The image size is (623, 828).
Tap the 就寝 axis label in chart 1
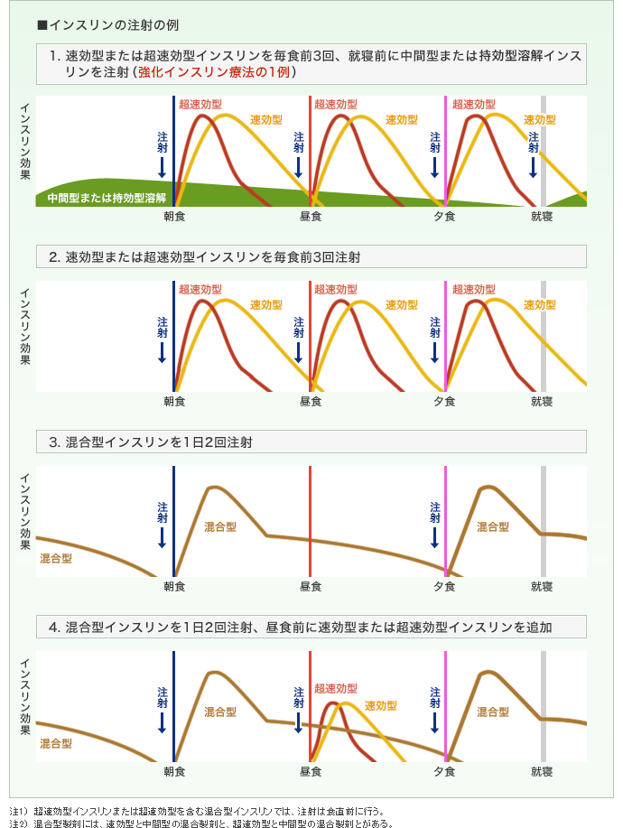point(542,216)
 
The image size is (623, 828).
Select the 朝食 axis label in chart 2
point(174,401)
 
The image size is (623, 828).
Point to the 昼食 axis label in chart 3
point(310,586)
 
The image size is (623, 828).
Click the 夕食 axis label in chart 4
point(444,772)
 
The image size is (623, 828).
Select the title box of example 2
point(311,256)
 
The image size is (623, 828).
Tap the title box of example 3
point(311,442)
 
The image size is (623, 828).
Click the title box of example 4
point(311,627)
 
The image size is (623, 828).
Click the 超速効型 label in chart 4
point(336,688)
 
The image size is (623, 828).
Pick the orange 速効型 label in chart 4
point(380,705)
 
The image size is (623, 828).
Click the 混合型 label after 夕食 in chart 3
point(493,526)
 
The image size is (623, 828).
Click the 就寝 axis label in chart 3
point(542,586)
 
